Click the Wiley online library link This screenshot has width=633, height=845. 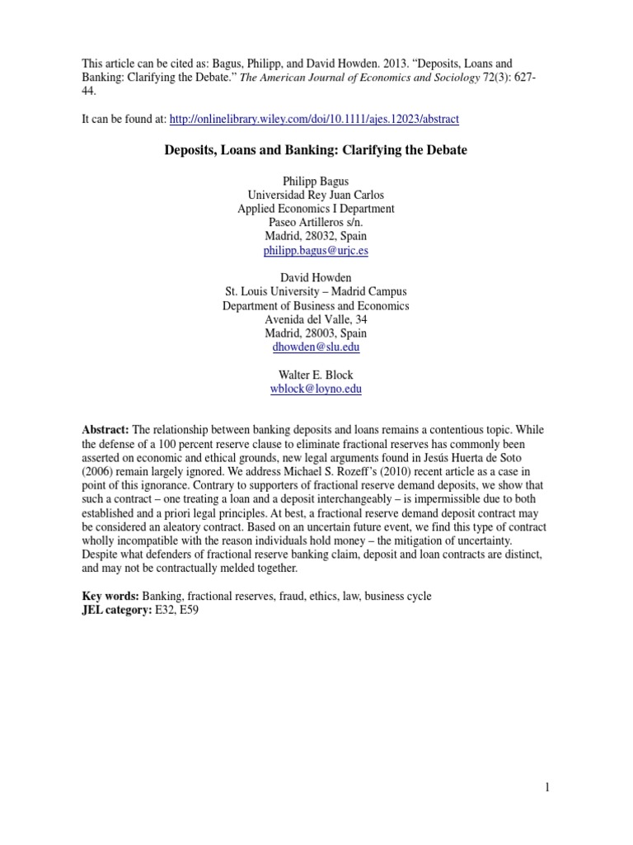[x=314, y=120]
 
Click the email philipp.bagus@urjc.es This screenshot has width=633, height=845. [x=316, y=250]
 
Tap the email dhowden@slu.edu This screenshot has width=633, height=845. [x=316, y=347]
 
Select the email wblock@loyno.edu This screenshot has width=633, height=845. [x=316, y=389]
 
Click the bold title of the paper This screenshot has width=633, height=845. [x=316, y=151]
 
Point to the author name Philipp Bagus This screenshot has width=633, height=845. [x=316, y=181]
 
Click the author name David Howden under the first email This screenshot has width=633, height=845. [x=316, y=278]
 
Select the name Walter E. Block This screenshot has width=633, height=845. [x=316, y=375]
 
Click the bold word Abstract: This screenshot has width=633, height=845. [x=105, y=431]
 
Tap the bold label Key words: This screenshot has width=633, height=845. [x=110, y=596]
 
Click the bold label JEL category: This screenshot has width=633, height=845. [x=116, y=610]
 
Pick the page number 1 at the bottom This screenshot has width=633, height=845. [x=546, y=788]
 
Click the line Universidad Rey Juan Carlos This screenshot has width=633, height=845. [x=316, y=195]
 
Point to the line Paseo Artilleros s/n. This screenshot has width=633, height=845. [x=316, y=222]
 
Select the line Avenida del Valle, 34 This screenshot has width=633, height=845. [x=316, y=319]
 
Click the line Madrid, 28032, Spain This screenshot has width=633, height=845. [x=316, y=236]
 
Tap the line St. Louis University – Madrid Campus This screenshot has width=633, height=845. [x=316, y=291]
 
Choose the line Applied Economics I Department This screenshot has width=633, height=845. [x=316, y=209]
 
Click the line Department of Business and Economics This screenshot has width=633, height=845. [x=316, y=305]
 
